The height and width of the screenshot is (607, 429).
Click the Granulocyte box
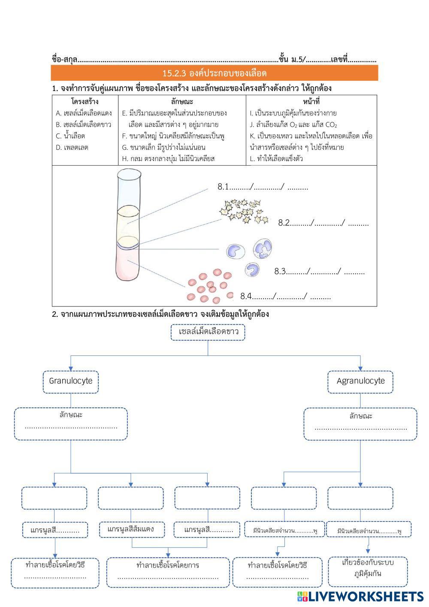(71, 381)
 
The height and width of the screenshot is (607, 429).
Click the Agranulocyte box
(360, 381)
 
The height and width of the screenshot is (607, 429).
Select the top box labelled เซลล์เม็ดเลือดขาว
(208, 332)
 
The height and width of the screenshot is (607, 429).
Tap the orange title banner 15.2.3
(214, 73)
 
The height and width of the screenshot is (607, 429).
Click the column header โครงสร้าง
(85, 102)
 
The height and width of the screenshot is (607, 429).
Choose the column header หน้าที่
(311, 102)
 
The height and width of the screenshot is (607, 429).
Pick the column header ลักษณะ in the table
(181, 102)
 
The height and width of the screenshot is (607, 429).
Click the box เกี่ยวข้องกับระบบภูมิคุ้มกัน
(368, 568)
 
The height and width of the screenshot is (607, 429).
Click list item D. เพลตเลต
(72, 147)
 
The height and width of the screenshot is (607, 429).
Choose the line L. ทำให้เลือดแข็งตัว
(276, 159)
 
